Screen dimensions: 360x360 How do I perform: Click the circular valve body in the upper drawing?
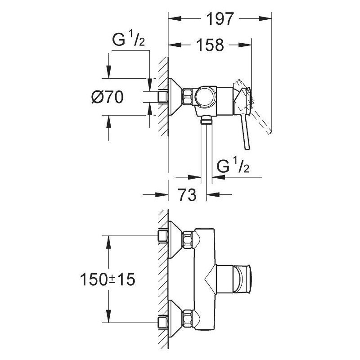point(206,97)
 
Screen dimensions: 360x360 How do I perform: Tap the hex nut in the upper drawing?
point(187,96)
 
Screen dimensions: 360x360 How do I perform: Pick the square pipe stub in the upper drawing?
point(162,96)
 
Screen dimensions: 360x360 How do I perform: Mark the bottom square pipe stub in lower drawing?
point(162,321)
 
